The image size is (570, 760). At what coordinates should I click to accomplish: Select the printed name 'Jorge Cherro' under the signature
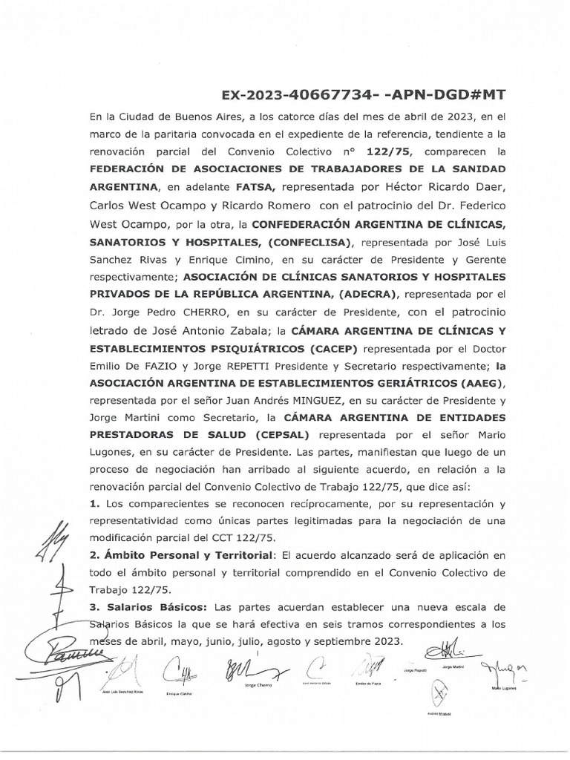[259, 687]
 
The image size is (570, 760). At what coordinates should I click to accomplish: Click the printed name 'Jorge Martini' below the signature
[451, 668]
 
